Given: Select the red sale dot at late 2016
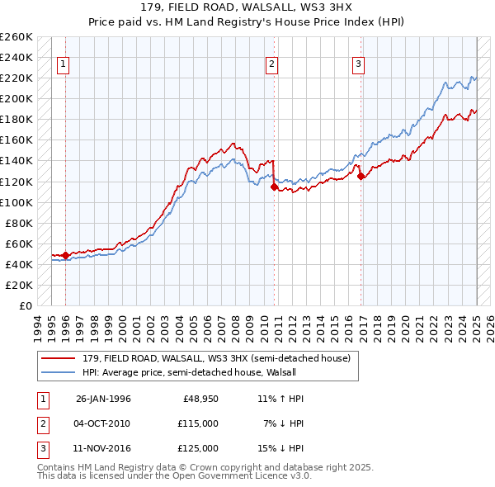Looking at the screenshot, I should pos(361,176).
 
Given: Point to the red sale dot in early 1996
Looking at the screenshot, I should pos(65,255).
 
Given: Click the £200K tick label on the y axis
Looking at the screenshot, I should pos(17,98).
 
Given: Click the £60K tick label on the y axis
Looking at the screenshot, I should pos(20,243).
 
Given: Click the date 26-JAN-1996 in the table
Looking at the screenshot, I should pos(103,399).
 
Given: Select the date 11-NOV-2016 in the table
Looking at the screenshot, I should pos(103,448).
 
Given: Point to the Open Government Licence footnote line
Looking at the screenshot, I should pos(174,475).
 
